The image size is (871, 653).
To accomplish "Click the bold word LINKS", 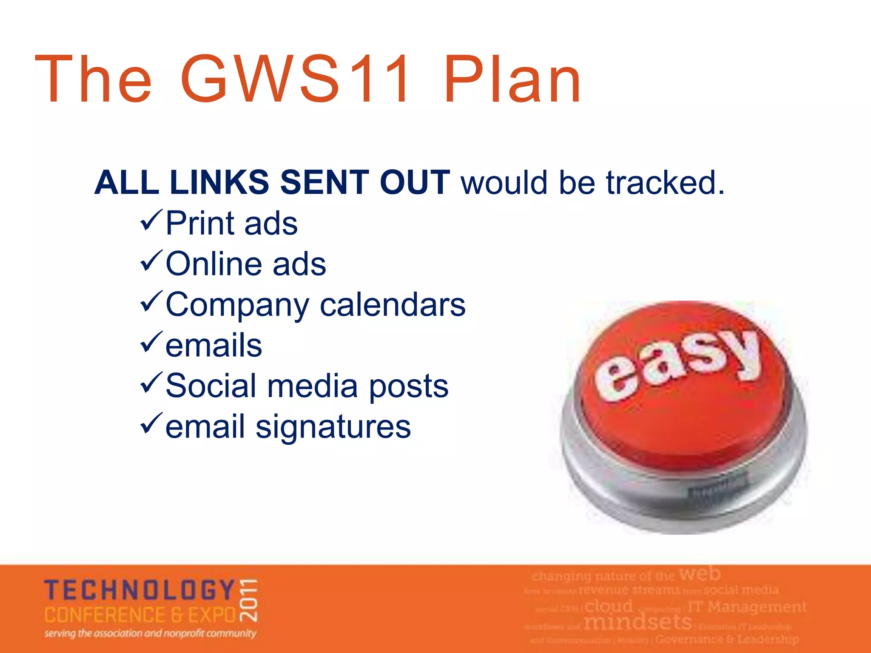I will click(219, 183).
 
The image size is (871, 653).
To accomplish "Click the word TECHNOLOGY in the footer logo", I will click(139, 590).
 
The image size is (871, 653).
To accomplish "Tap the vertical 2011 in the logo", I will click(248, 599).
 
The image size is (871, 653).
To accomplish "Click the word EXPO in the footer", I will click(212, 615).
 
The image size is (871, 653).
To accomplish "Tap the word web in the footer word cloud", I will click(699, 574).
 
